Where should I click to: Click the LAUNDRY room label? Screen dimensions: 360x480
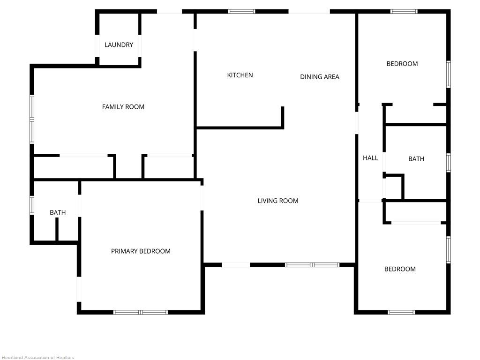119,45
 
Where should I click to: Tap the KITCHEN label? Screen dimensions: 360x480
240,75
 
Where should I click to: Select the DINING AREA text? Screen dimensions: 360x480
320,77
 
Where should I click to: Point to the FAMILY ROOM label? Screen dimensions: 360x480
123,107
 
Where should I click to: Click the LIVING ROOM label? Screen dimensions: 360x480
278,201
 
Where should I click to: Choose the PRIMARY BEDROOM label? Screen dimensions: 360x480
141,251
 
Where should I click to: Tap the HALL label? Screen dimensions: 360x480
370,158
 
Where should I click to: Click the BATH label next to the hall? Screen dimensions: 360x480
416,159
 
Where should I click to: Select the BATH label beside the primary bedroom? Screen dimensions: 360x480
58,213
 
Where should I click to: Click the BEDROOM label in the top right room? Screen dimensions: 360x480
402,64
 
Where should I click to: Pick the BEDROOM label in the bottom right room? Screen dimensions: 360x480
400,269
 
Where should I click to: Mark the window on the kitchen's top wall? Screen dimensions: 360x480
242,11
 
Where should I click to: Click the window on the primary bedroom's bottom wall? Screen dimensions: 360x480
141,312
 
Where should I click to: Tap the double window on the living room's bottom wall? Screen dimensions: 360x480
312,265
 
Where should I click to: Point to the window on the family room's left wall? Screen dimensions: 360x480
32,119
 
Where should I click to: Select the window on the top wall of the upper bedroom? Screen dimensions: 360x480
404,11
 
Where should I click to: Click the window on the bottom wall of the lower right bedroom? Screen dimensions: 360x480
401,312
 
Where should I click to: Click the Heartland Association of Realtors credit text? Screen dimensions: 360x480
37,357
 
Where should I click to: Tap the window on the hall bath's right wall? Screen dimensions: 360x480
448,163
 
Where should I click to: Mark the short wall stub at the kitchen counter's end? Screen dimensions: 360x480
283,117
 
